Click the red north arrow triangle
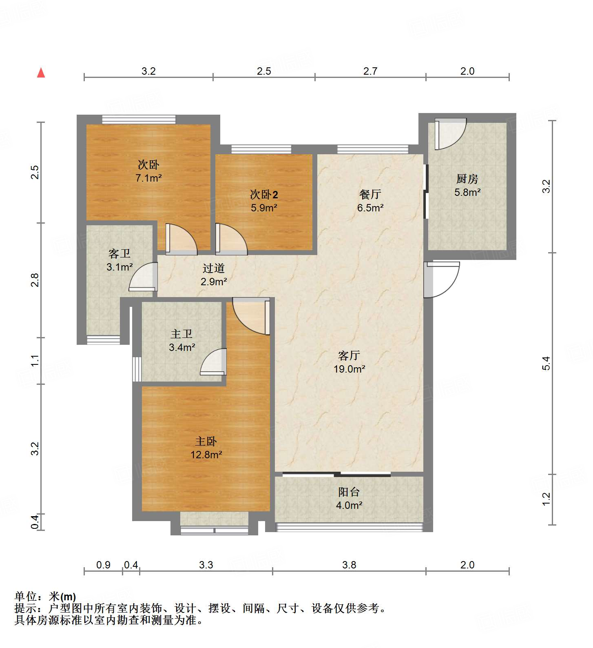click(41, 73)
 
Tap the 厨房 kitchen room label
click(467, 179)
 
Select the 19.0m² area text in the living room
click(349, 369)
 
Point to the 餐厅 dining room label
click(370, 194)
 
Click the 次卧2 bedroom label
click(264, 194)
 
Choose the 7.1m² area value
click(148, 178)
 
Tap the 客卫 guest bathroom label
click(119, 254)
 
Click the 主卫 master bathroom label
click(181, 334)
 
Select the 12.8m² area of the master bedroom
click(206, 455)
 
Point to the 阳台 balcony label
click(349, 492)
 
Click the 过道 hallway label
click(214, 268)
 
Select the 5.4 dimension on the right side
click(547, 363)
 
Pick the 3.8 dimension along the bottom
click(349, 565)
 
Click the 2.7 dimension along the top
click(370, 71)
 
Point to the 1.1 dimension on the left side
click(35, 361)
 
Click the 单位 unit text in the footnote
click(25, 597)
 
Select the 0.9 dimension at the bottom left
click(103, 565)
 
